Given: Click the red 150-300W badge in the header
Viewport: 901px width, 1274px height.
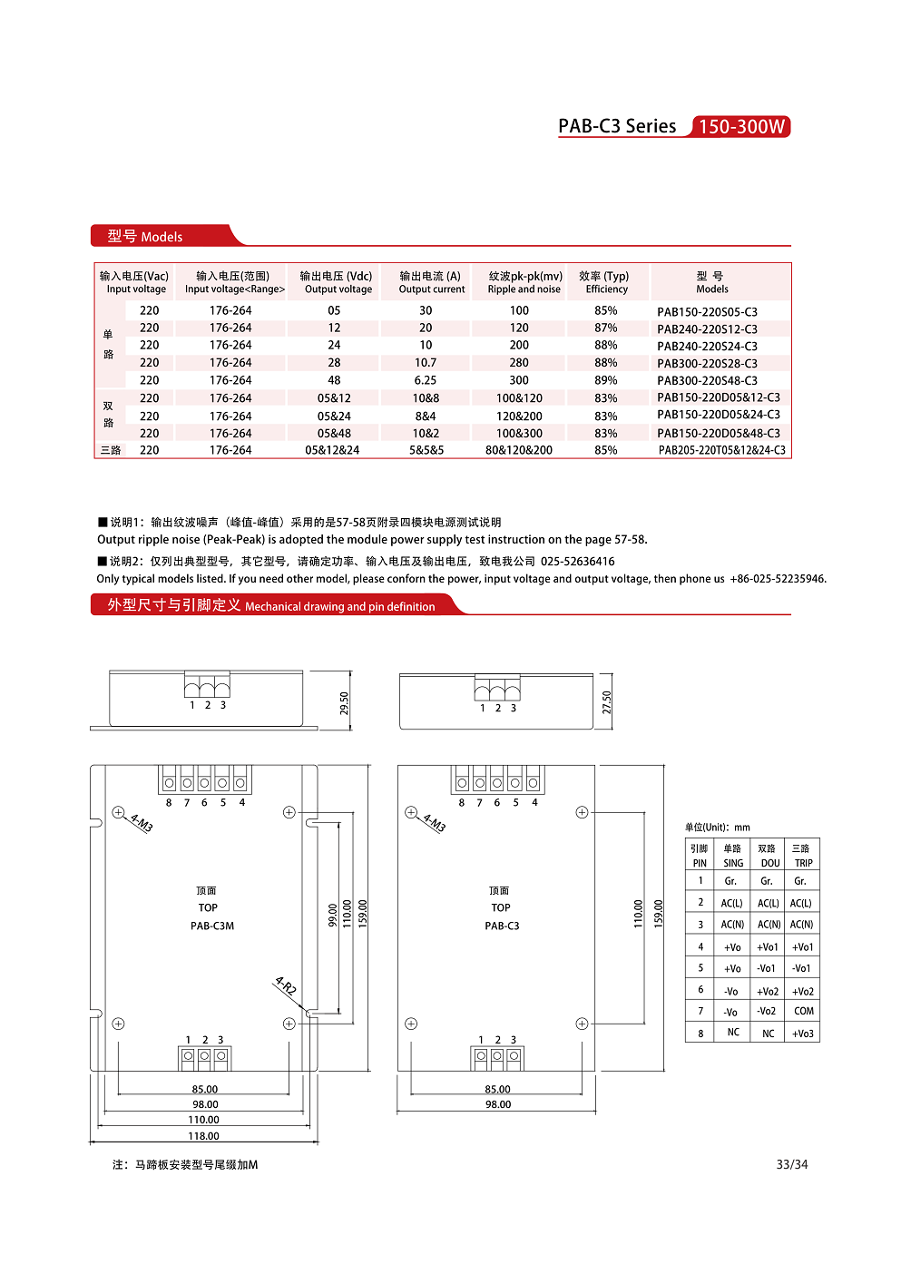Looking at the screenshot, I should (740, 127).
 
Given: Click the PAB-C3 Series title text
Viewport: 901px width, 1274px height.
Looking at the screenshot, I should (617, 127).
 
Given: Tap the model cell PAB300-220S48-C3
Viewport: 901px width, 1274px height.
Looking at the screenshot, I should (707, 381).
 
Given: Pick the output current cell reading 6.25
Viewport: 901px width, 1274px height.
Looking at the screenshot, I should (426, 381).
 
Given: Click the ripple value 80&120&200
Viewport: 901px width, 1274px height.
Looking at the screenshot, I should (518, 450).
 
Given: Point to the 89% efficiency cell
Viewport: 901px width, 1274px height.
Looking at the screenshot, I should (605, 381).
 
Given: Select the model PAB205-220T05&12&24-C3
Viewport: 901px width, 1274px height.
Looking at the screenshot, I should (721, 450).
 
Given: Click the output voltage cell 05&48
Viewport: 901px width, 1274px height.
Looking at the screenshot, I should (334, 434).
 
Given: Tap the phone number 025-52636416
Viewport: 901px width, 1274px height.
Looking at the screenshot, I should (577, 562).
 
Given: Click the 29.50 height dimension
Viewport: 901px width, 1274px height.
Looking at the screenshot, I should (344, 703).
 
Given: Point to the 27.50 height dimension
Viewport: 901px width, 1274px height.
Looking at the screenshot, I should (607, 702).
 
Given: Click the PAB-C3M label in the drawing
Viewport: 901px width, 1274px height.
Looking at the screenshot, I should (212, 926).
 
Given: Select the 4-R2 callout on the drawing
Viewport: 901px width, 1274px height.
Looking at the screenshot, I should (286, 985).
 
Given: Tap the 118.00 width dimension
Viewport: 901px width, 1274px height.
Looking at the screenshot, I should (204, 1136).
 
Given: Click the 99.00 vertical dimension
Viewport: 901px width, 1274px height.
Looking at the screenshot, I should (332, 914).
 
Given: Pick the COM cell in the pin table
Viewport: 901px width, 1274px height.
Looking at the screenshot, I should (803, 1011).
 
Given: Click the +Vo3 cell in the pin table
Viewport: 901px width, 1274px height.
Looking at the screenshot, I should (803, 1034).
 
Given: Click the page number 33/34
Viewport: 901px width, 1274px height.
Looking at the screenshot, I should (791, 1165).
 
